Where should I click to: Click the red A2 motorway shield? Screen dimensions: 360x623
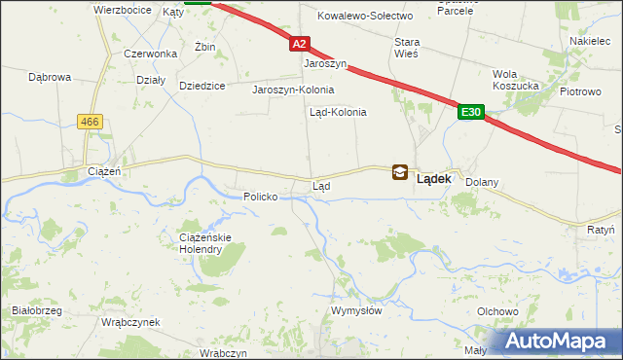click(300, 44)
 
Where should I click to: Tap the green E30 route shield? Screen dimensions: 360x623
click(471, 113)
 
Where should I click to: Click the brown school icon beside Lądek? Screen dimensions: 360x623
click(400, 173)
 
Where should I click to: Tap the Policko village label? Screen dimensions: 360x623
click(261, 197)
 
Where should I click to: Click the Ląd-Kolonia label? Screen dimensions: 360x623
click(338, 112)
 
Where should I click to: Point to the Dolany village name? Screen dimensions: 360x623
click(482, 182)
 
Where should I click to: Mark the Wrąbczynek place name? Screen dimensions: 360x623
click(128, 322)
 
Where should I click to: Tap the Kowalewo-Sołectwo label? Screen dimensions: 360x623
click(366, 16)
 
